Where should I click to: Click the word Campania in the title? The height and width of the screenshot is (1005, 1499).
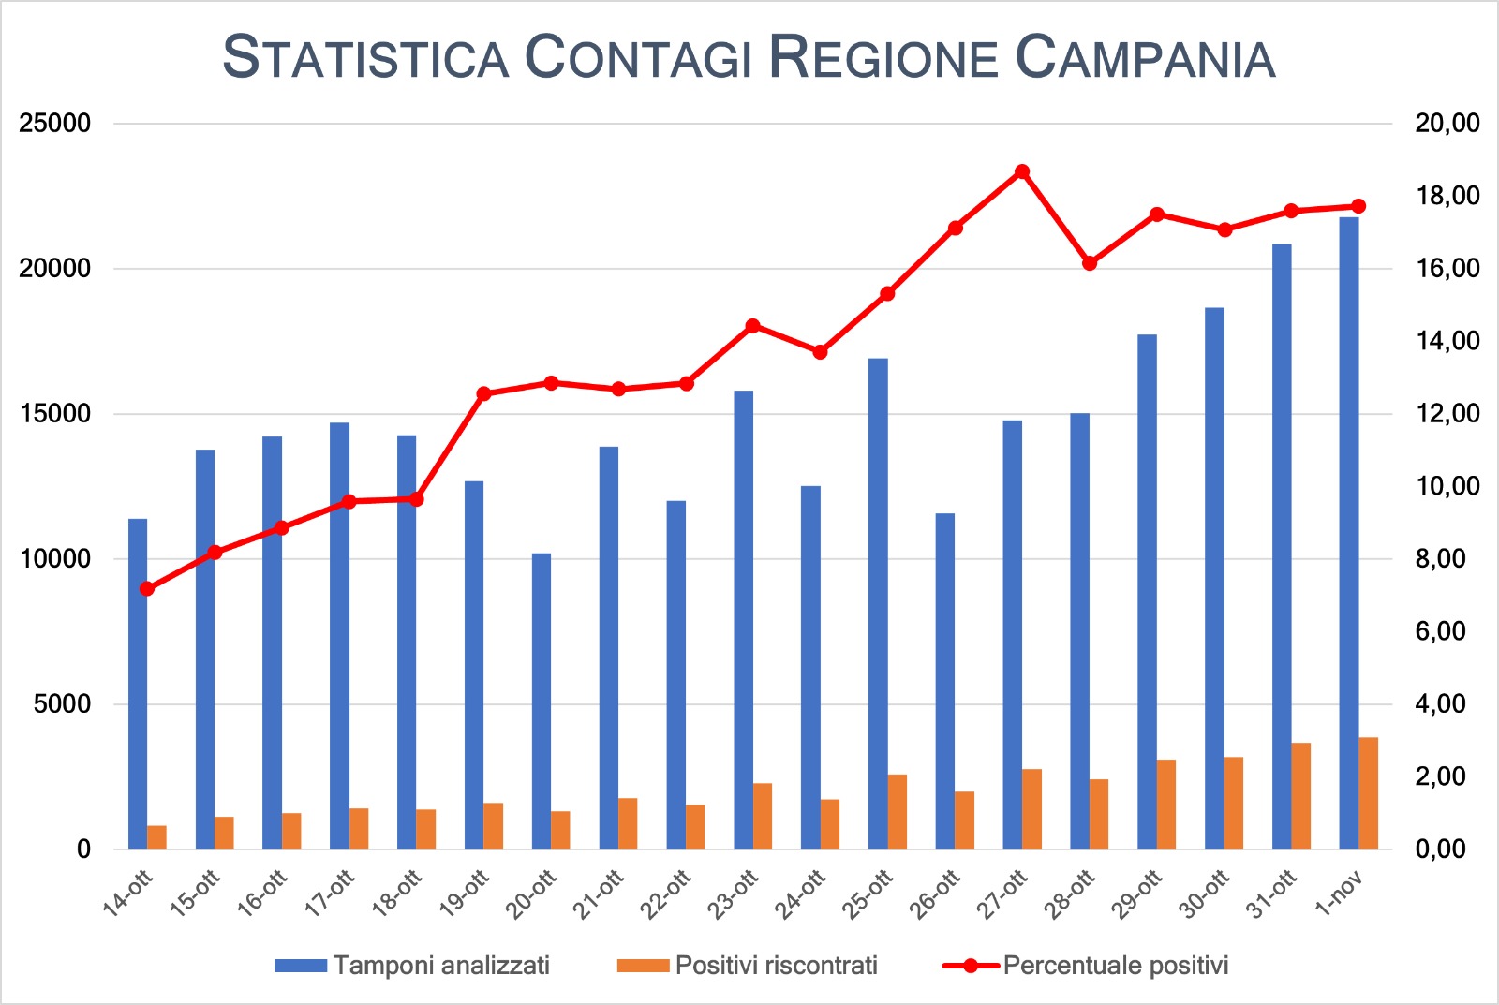(1145, 57)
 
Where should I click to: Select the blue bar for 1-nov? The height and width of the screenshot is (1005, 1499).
(1348, 534)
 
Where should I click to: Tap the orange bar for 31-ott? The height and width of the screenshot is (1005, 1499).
(1300, 796)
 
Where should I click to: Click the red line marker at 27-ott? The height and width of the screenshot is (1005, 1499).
(1022, 171)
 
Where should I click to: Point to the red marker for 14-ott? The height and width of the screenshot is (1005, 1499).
(146, 588)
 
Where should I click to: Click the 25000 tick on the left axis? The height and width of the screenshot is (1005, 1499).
(56, 124)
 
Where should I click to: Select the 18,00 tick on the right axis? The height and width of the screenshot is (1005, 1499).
(1447, 196)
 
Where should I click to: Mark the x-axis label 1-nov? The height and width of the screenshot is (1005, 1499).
(1340, 892)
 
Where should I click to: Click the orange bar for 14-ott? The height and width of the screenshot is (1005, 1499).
(156, 837)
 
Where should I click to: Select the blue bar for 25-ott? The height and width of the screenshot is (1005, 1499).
(878, 604)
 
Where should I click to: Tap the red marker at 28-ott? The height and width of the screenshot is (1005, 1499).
(1090, 263)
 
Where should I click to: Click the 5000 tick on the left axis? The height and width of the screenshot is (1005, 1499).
(63, 704)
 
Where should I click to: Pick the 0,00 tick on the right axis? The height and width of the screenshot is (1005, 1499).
(1440, 850)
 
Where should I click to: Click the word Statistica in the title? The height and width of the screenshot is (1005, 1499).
(365, 57)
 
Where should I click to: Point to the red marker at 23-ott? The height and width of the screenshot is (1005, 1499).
(752, 326)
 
